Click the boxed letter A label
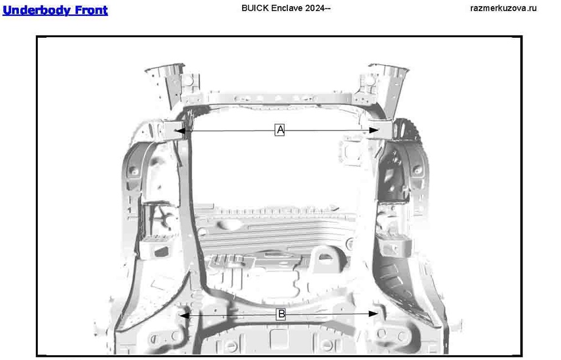(280, 130)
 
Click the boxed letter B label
(280, 314)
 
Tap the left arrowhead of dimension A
(178, 130)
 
